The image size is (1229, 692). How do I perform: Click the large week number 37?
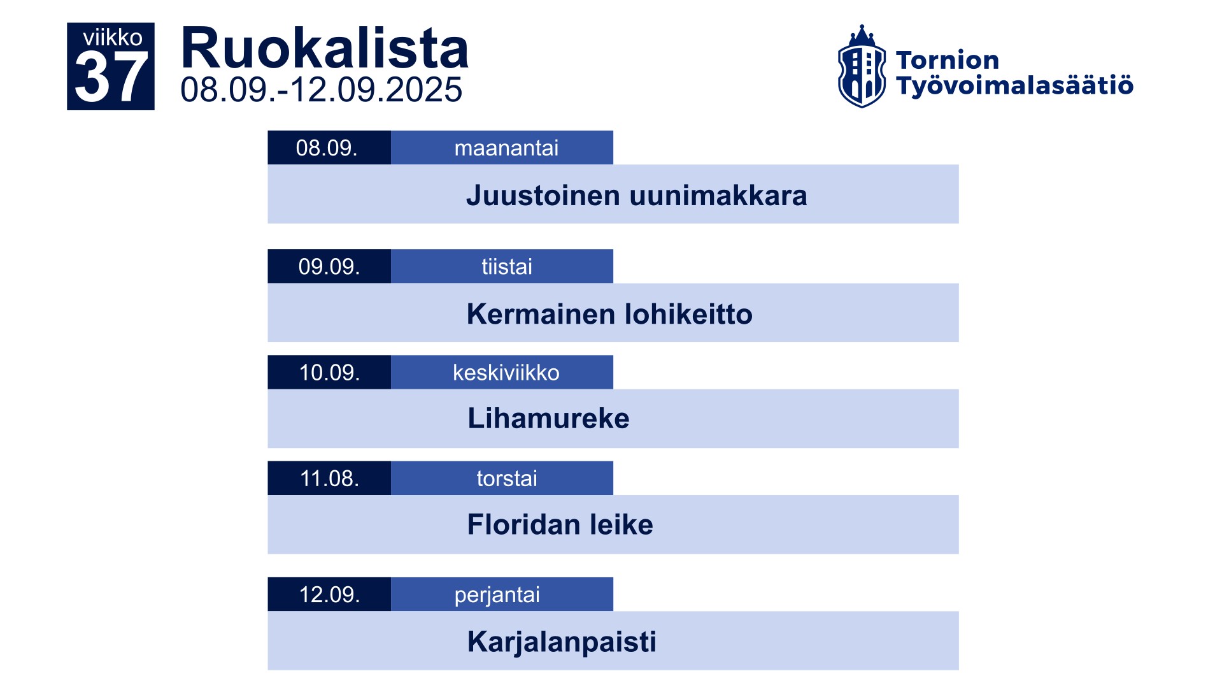[111, 78]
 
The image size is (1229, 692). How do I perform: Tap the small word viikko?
[113, 38]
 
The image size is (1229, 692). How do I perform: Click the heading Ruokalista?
[325, 48]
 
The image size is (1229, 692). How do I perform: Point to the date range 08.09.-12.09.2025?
[321, 90]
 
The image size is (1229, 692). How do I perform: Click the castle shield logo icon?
[862, 66]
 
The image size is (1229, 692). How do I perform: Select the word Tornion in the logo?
[948, 60]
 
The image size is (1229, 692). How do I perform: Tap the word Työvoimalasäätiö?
[1014, 85]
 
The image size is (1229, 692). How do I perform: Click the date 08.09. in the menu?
[327, 148]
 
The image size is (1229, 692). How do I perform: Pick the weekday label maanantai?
[506, 148]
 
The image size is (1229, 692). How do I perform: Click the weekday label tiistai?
[507, 266]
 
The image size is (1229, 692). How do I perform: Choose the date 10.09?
[329, 372]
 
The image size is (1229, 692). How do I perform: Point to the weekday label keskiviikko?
[506, 372]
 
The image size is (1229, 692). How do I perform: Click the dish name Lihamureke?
[548, 419]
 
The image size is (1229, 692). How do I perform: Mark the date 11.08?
[329, 479]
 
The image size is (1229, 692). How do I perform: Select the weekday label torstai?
[507, 479]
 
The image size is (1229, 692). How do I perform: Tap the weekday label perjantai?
[497, 595]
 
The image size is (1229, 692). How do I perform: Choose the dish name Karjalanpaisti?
[562, 642]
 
